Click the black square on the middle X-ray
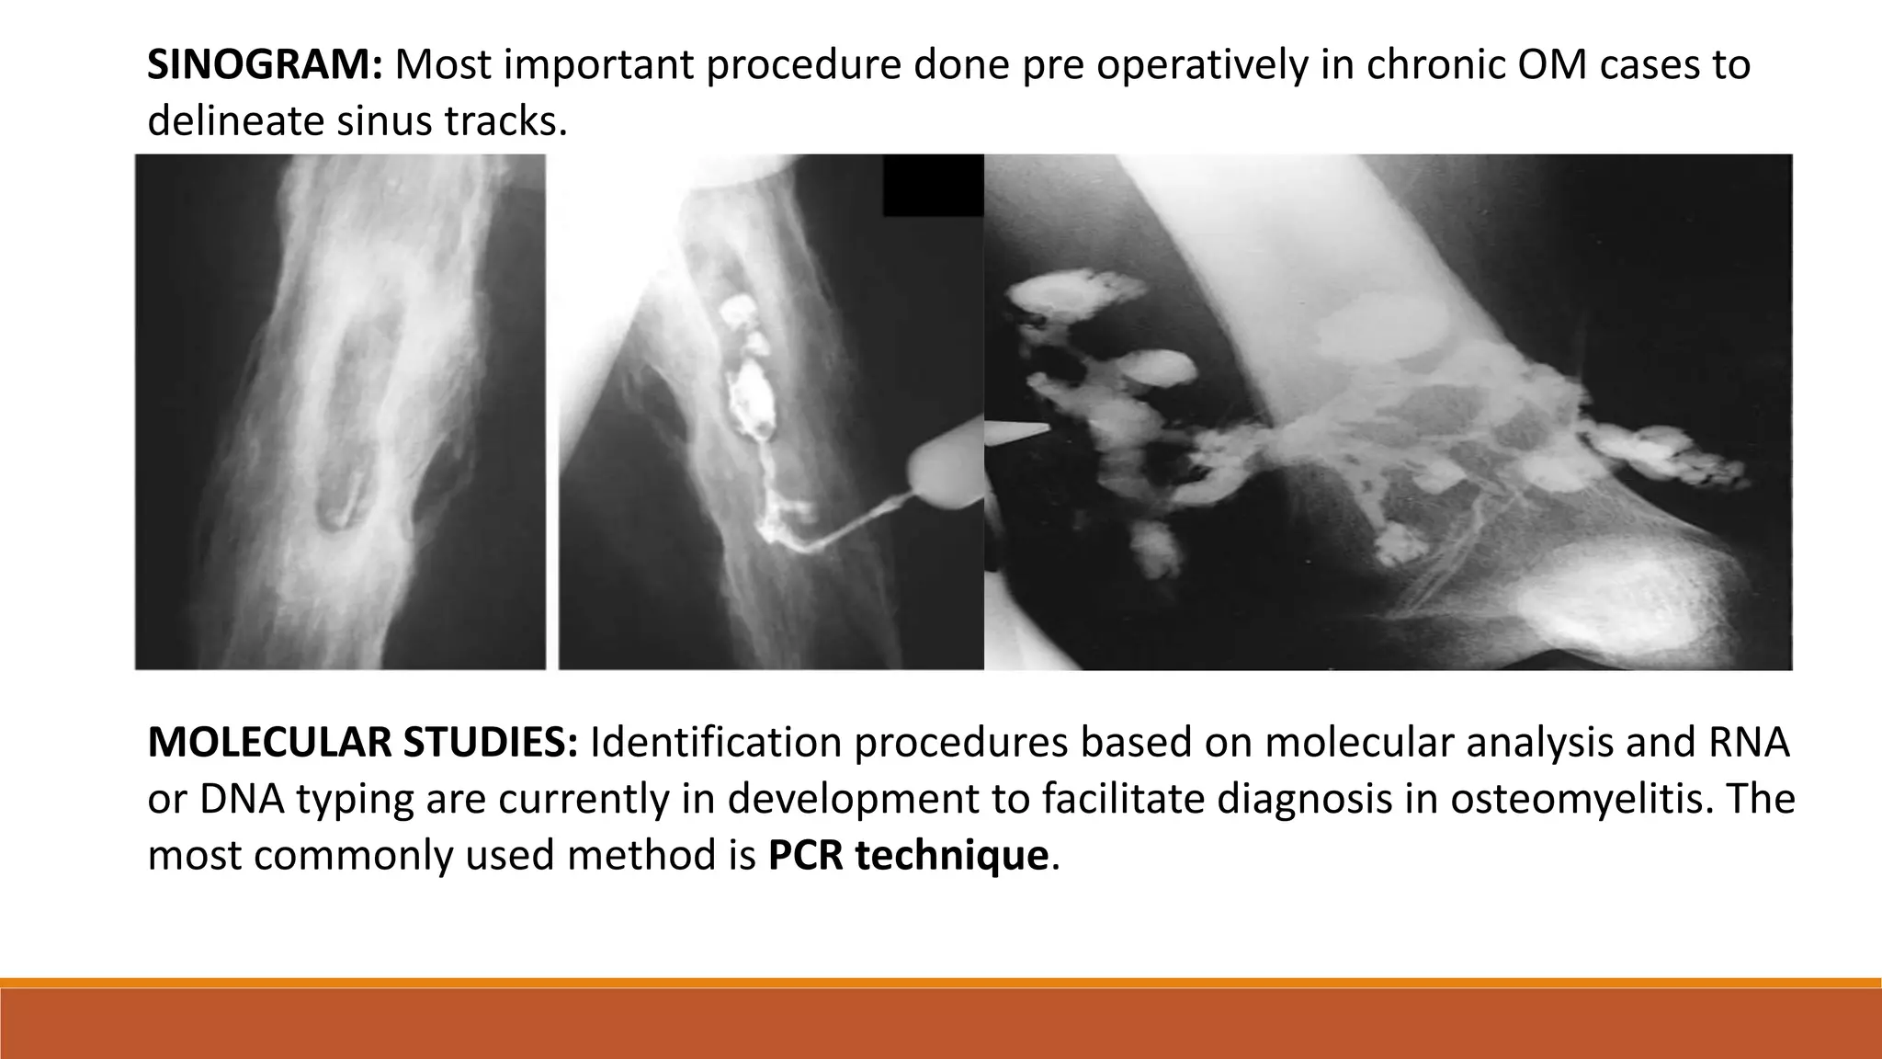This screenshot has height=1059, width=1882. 933,185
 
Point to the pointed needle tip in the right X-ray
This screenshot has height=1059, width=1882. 1038,427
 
